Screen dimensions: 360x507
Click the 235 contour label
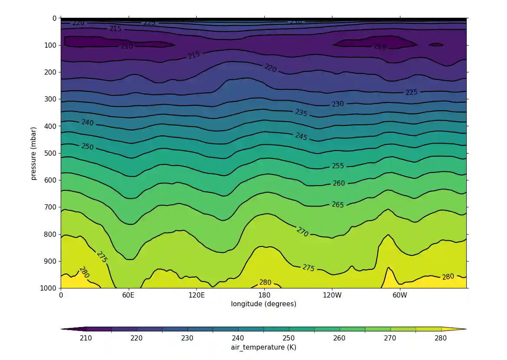coord(301,113)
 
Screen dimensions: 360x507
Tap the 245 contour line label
coord(301,137)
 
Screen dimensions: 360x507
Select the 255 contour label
coord(338,166)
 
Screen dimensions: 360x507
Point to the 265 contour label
coord(338,205)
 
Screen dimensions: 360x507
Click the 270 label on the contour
coord(302,232)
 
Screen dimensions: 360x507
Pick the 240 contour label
coord(87,123)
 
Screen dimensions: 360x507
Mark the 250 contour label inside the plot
coord(87,147)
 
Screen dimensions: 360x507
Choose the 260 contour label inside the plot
coord(338,183)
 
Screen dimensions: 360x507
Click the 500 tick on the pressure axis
coord(51,153)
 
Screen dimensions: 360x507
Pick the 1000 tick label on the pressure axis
coord(49,288)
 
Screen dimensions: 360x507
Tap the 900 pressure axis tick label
coord(51,261)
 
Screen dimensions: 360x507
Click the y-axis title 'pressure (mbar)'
coord(33,153)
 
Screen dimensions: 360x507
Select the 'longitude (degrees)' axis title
coord(264,304)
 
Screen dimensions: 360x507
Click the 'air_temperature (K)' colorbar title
coord(263,347)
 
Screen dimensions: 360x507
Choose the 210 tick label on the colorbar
coord(86,338)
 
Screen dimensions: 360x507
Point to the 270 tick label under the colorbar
coord(390,338)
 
